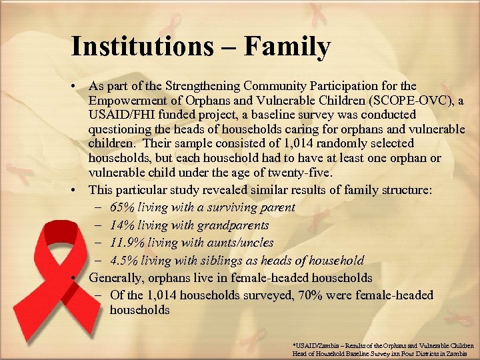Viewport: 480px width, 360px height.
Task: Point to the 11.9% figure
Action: pos(126,243)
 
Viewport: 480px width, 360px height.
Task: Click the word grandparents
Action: pos(235,225)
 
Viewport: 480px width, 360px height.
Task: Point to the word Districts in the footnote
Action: pos(439,353)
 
